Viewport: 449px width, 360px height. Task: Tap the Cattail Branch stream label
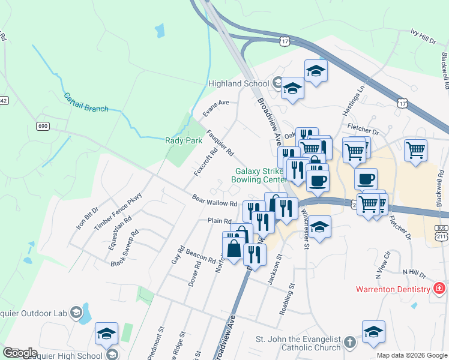86,102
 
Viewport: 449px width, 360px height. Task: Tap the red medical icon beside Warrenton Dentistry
440,289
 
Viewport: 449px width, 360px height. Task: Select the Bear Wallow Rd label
214,200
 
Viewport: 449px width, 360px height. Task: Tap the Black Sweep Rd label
125,248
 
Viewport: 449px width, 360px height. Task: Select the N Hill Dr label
414,272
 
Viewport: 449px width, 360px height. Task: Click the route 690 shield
42,126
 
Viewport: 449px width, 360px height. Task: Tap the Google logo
19,353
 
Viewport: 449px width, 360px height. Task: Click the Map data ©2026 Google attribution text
412,355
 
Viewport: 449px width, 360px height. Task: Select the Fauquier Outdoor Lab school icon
76,313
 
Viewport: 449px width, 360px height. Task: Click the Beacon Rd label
200,256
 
